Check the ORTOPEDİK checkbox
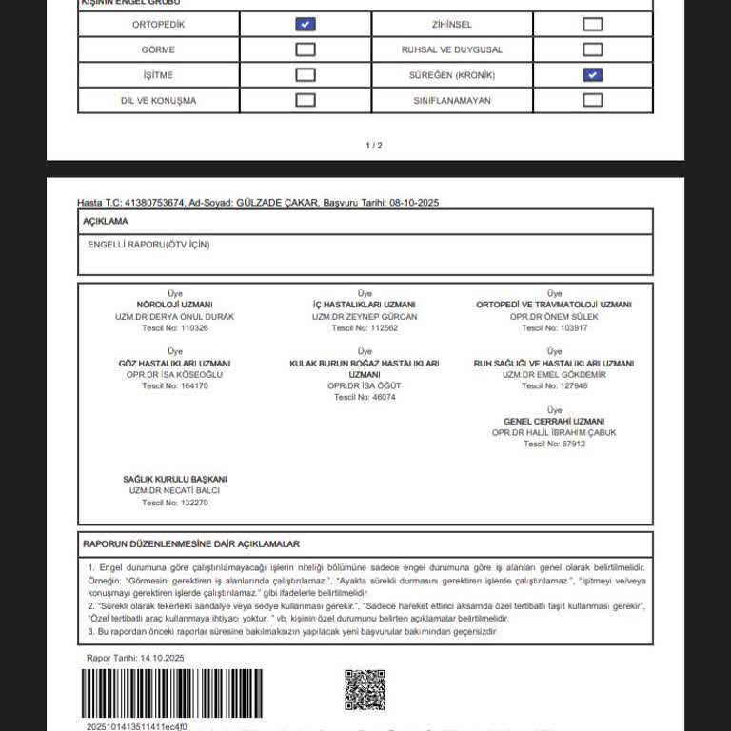tap(306, 25)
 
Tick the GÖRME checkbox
tap(306, 49)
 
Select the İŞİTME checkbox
tap(306, 74)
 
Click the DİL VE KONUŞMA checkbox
tap(306, 100)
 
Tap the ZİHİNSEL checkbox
tap(592, 25)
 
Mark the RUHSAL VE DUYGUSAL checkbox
tap(592, 49)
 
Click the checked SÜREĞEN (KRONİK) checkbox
tap(592, 74)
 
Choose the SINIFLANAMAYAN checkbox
tap(592, 100)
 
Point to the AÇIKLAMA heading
tap(106, 221)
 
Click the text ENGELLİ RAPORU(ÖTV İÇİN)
tap(148, 245)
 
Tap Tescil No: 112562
tap(365, 328)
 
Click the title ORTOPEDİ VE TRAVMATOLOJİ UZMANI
tap(553, 305)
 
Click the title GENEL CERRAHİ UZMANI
tap(554, 421)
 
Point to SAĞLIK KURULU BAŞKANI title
tap(174, 479)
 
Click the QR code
tap(365, 690)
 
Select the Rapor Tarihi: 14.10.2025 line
tap(135, 658)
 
